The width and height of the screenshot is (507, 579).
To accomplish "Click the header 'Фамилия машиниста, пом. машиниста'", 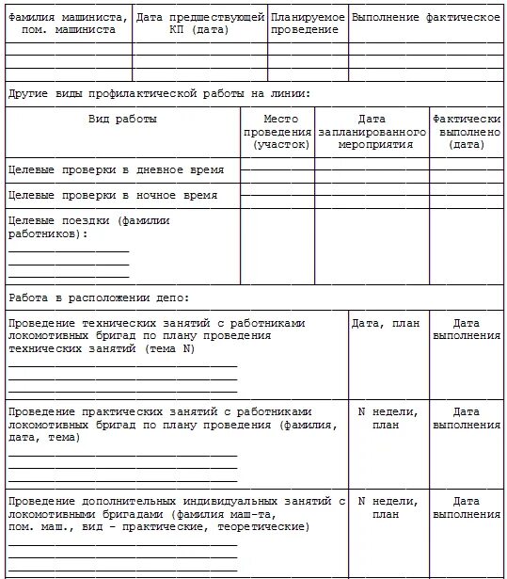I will pyautogui.click(x=67, y=24).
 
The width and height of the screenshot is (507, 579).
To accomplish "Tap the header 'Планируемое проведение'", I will pyautogui.click(x=308, y=24).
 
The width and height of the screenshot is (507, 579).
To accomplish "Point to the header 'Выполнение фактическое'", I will pyautogui.click(x=426, y=18).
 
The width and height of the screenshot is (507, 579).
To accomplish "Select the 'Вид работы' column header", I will pyautogui.click(x=122, y=120).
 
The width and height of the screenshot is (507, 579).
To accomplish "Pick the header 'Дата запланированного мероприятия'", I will pyautogui.click(x=372, y=132).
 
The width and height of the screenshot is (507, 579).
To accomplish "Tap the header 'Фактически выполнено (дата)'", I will pyautogui.click(x=467, y=132).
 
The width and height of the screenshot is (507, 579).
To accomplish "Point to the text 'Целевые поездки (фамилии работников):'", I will pyautogui.click(x=89, y=227).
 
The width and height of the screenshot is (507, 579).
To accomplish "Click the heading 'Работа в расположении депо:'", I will pyautogui.click(x=99, y=298).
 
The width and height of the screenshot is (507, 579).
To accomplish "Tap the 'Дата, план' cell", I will pyautogui.click(x=386, y=323).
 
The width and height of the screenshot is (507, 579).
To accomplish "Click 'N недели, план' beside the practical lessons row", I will pyautogui.click(x=386, y=418).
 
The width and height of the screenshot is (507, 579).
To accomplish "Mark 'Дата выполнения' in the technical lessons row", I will pyautogui.click(x=467, y=329).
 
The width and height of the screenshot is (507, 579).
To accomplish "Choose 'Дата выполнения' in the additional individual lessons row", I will pyautogui.click(x=467, y=507).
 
